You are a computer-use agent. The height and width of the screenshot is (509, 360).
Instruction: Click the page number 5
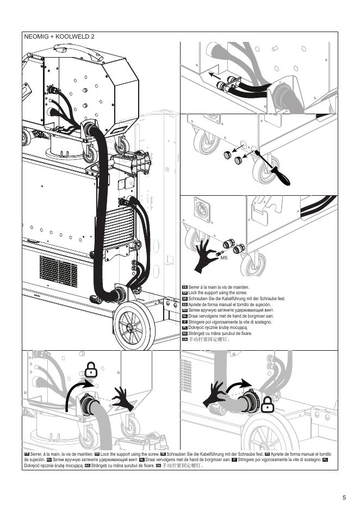(344, 498)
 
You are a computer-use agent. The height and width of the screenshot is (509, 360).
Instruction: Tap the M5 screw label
(224, 258)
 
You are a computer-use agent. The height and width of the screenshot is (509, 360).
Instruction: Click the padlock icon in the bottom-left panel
(91, 369)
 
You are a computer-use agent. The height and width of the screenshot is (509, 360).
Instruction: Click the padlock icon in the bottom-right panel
(267, 405)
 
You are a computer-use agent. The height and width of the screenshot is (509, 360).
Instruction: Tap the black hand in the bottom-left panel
(123, 398)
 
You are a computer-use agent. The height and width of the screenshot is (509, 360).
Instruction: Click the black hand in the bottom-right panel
(214, 396)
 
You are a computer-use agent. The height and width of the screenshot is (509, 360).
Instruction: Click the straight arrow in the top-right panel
(215, 76)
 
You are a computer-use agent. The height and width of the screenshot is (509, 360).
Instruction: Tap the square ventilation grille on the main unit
(58, 271)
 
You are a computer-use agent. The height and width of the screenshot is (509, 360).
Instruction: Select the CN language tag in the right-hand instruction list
(185, 339)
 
